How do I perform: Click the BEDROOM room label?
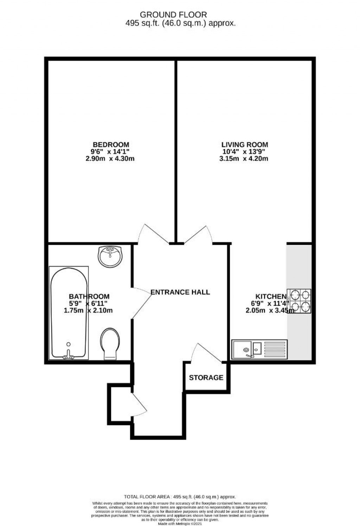(111, 145)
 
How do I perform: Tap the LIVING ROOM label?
(245, 145)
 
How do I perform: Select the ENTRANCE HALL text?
(180, 292)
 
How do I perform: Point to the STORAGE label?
(206, 378)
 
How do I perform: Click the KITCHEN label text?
(271, 296)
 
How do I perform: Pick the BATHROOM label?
(89, 296)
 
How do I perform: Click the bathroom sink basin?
(110, 256)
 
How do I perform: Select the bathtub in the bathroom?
(69, 313)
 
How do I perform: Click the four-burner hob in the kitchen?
(300, 301)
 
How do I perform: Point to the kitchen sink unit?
(259, 349)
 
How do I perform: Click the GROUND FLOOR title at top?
(173, 15)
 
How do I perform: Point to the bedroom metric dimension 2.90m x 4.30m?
(110, 159)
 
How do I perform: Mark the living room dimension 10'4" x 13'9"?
(243, 152)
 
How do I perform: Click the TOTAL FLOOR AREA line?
(180, 497)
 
